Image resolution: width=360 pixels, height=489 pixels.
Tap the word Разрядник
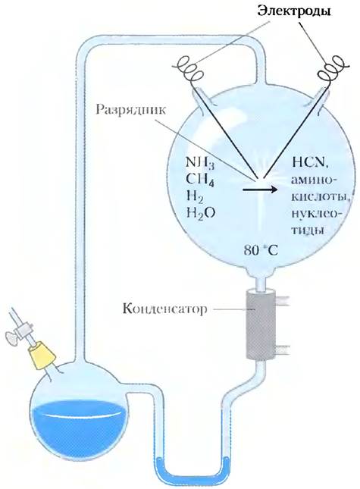click(130, 111)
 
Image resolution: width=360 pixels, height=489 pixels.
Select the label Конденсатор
click(164, 309)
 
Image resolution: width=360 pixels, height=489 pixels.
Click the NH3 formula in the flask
click(200, 163)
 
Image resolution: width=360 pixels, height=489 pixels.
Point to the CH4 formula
click(200, 179)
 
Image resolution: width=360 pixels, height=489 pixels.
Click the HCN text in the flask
click(309, 163)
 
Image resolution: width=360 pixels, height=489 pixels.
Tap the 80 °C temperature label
click(261, 250)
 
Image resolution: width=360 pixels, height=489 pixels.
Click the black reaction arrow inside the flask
click(260, 189)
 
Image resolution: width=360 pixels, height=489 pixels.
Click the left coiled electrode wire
click(189, 70)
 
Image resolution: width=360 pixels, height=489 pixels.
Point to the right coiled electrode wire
click(332, 71)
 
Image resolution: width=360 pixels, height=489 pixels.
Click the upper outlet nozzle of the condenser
click(283, 300)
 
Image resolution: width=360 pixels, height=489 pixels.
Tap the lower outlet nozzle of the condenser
click(283, 350)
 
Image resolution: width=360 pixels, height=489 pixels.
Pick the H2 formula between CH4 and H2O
click(196, 196)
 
